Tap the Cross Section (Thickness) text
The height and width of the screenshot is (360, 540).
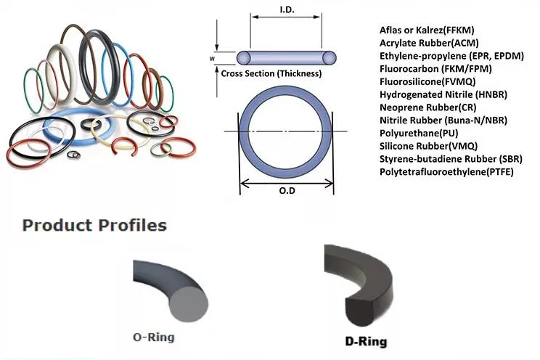click(x=271, y=73)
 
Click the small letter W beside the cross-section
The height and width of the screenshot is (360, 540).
click(x=212, y=57)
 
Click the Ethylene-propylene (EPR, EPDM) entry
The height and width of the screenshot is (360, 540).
click(x=443, y=56)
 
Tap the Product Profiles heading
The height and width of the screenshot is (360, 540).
click(x=95, y=225)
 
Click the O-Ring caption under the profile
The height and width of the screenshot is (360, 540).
click(x=154, y=337)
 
